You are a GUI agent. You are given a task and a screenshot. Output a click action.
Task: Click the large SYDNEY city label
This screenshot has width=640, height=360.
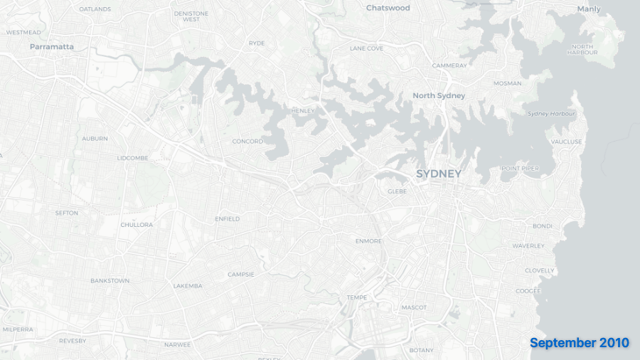[x=439, y=174]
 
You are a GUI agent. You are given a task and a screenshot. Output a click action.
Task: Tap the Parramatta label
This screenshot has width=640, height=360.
[x=52, y=47]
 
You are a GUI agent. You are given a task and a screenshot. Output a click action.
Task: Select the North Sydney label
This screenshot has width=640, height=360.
[x=439, y=95]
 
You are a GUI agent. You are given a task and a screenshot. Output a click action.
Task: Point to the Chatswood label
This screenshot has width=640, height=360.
[x=388, y=8]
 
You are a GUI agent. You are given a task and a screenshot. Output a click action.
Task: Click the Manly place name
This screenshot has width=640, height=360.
[x=589, y=9]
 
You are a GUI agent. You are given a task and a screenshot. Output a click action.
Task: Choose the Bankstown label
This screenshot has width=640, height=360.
[x=110, y=281]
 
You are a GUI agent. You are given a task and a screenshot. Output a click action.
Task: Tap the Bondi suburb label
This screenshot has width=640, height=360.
[x=543, y=226]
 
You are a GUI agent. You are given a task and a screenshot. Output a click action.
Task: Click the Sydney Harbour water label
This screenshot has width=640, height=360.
[x=552, y=114]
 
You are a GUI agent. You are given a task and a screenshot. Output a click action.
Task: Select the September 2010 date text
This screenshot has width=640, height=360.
[x=580, y=343]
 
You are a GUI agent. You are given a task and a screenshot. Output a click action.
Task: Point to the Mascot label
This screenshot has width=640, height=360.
[x=414, y=307]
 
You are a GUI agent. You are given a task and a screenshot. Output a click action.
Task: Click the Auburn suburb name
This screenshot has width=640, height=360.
[x=95, y=139]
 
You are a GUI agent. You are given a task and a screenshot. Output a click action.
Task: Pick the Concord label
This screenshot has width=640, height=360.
[x=247, y=142]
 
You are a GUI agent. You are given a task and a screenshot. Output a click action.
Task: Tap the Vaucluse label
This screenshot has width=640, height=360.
[x=566, y=142]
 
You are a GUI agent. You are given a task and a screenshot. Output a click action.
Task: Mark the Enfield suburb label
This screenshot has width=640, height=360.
[x=228, y=219]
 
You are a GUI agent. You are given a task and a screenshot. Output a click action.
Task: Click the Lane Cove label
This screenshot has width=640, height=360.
[x=366, y=48]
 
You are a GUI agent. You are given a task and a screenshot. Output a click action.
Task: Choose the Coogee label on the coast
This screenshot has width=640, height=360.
[x=528, y=290]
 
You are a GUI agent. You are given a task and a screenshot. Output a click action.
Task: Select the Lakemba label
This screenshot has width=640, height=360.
[x=188, y=286]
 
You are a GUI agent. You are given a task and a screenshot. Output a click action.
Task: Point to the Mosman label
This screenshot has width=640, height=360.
[x=508, y=83]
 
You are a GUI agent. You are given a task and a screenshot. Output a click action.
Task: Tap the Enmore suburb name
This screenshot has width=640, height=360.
[x=368, y=241]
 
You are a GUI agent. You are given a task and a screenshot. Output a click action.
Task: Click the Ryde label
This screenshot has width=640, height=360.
[x=257, y=43]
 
